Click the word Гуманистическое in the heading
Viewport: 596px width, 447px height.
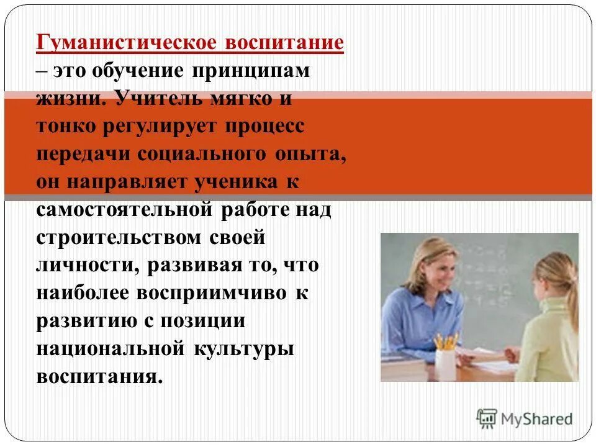click(x=126, y=43)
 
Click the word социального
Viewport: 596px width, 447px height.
click(x=205, y=153)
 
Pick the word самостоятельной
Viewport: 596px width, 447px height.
click(x=125, y=209)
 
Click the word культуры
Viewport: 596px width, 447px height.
click(x=244, y=348)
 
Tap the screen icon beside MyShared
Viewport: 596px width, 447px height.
click(x=487, y=418)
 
